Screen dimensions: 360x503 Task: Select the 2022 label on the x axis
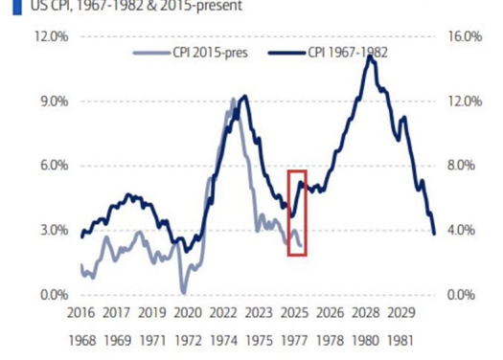(x=223, y=313)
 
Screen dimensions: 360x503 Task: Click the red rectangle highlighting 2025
(x=297, y=214)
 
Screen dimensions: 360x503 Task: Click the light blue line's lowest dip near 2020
(x=182, y=291)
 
